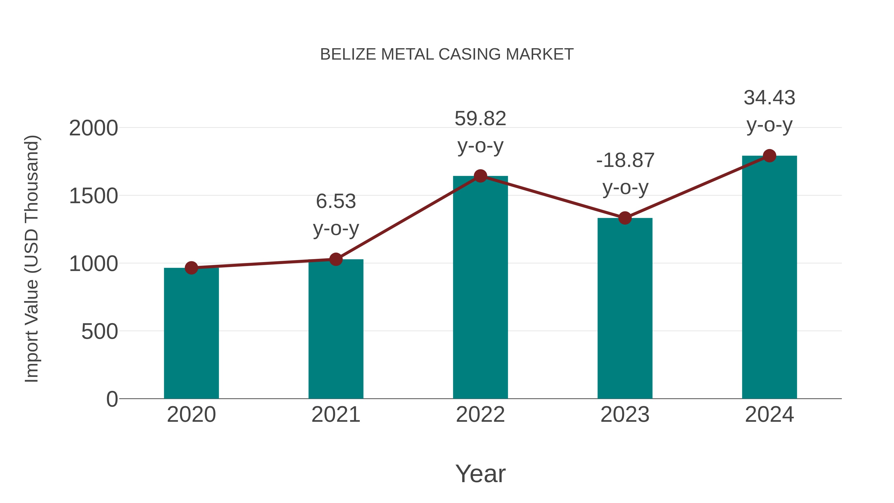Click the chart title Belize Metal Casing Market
(x=447, y=54)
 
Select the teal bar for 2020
(x=191, y=333)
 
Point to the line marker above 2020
(x=191, y=268)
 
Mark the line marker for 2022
(x=480, y=176)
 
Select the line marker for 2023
(x=625, y=218)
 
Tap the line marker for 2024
(x=769, y=156)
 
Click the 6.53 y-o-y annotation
(x=335, y=215)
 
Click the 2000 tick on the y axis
(x=93, y=128)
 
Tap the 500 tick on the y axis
(x=100, y=332)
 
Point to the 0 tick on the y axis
(x=112, y=399)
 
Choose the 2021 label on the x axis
(x=335, y=415)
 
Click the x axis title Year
(x=480, y=473)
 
